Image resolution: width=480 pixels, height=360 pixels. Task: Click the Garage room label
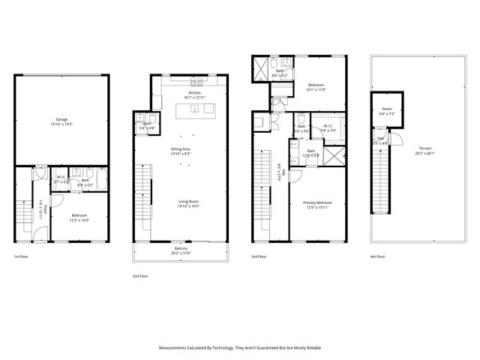61,119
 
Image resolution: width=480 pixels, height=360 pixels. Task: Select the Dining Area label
180,148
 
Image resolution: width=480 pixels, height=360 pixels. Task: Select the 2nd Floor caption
140,275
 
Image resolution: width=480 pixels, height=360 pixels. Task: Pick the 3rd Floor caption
259,256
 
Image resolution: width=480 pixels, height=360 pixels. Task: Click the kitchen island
195,111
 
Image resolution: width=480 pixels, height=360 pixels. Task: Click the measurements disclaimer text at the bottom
240,348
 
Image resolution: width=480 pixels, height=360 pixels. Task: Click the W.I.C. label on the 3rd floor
328,126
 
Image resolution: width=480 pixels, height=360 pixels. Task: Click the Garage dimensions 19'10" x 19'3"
61,124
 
